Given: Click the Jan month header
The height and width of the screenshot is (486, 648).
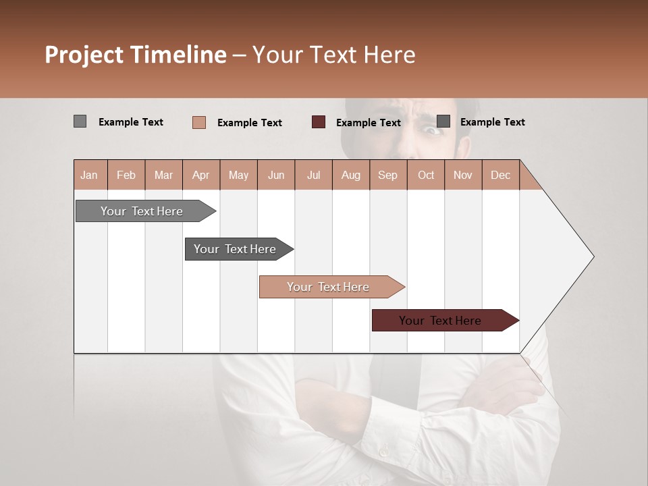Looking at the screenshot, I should click(x=89, y=175).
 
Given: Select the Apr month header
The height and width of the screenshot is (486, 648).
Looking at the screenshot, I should click(x=201, y=175).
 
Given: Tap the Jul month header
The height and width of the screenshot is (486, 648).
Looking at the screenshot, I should click(x=313, y=175).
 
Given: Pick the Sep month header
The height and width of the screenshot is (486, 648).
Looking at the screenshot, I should click(x=387, y=175).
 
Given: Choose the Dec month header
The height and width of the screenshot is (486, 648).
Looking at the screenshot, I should click(x=500, y=175).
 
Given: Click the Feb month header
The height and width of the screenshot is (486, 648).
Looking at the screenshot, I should click(x=126, y=175).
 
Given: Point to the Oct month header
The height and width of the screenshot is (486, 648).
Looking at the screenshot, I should click(x=426, y=175).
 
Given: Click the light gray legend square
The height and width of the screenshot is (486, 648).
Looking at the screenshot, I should click(x=80, y=122).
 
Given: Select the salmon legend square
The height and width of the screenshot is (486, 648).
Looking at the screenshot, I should click(x=198, y=122).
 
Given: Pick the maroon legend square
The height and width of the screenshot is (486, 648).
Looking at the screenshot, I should click(x=318, y=122).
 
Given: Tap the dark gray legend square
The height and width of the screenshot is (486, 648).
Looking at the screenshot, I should click(x=443, y=122).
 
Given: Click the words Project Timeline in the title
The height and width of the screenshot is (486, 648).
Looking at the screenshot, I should click(x=135, y=55).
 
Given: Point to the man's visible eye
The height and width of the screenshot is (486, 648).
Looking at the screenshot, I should click(x=433, y=130).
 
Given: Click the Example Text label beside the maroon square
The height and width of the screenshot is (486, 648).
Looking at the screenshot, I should click(x=368, y=123).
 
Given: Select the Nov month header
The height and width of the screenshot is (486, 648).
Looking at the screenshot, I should click(x=463, y=175).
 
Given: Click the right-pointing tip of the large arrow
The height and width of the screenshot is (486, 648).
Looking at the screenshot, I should click(x=592, y=256).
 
